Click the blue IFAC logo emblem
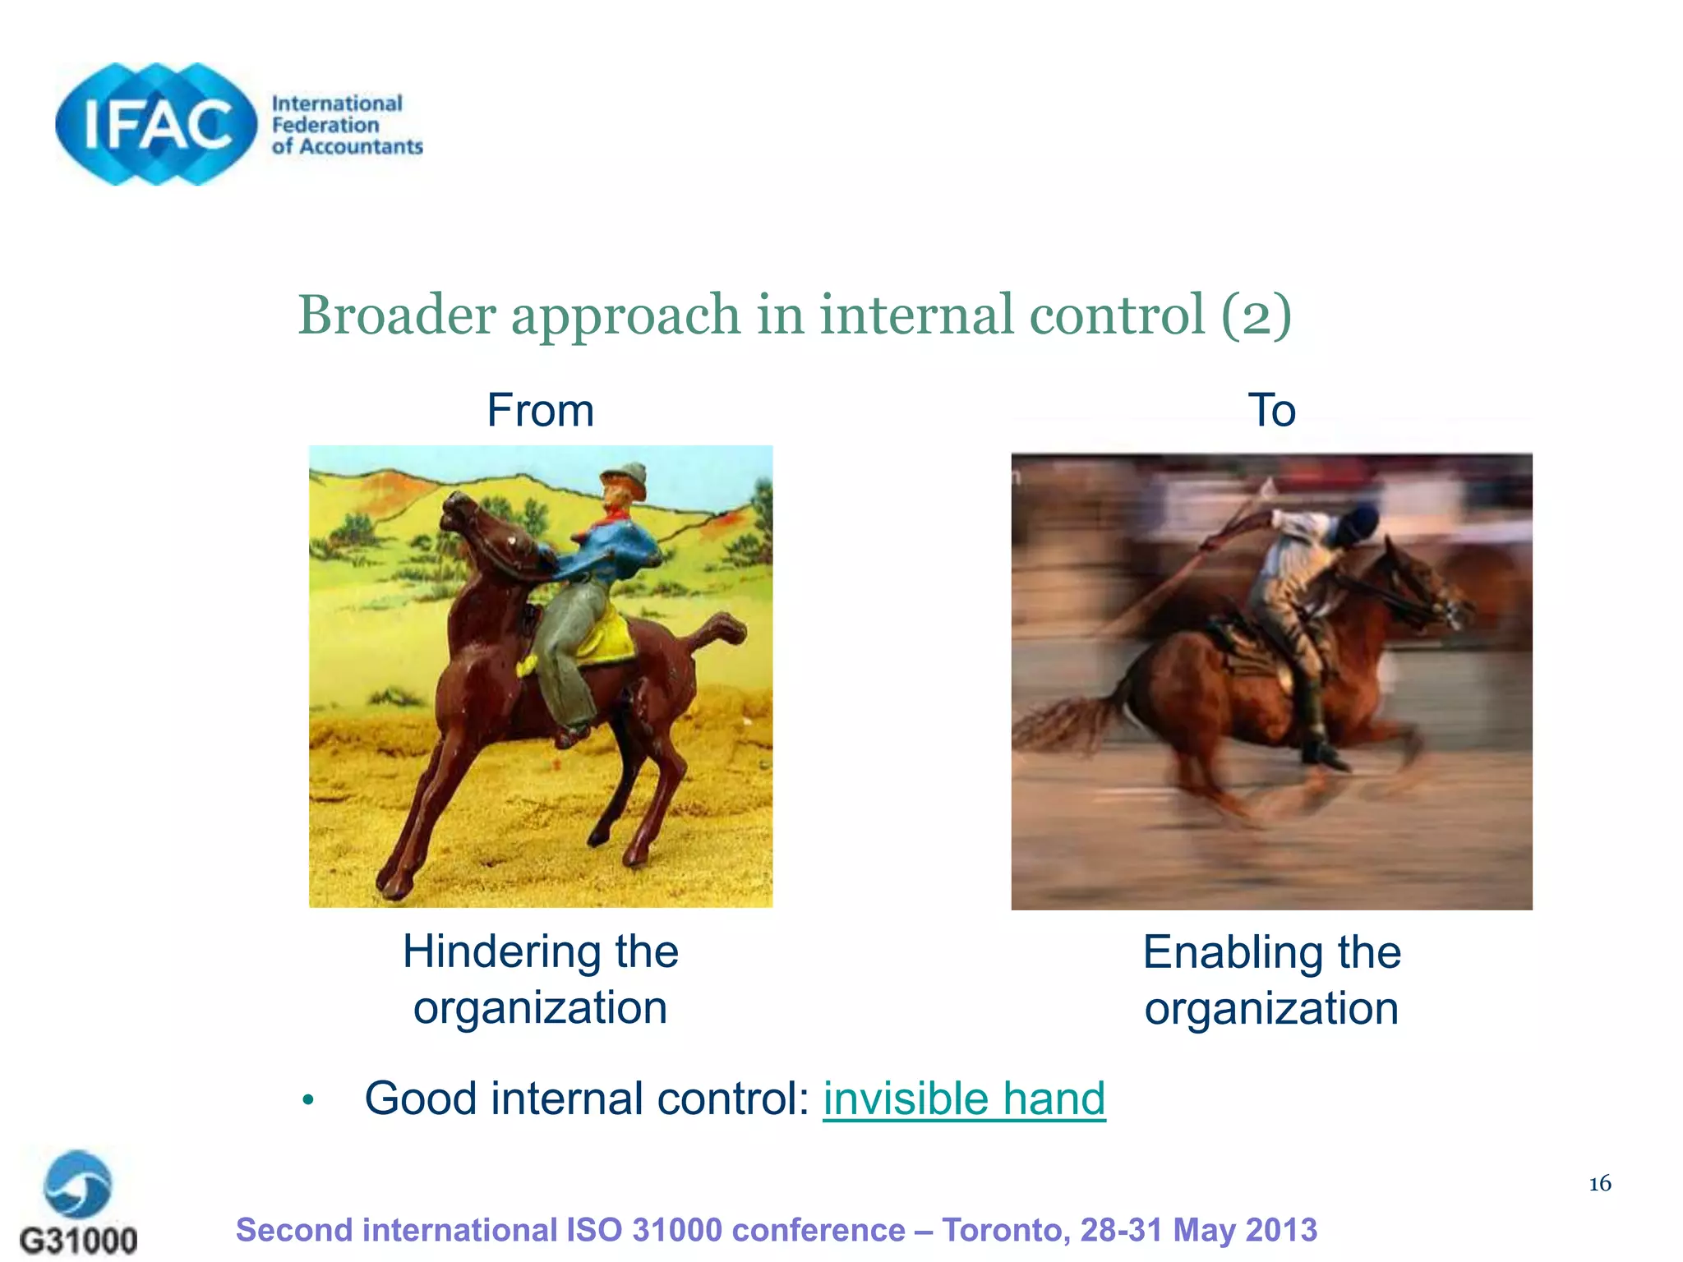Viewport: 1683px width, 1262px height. tap(156, 124)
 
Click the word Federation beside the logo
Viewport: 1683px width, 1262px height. tap(325, 125)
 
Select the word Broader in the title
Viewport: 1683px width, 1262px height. tap(396, 315)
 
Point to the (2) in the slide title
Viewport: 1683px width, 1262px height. tap(1256, 315)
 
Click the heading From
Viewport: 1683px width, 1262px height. tap(540, 410)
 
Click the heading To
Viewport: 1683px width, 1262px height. tap(1271, 410)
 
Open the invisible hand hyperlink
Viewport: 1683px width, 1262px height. tap(964, 1098)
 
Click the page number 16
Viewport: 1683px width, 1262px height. tap(1599, 1183)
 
